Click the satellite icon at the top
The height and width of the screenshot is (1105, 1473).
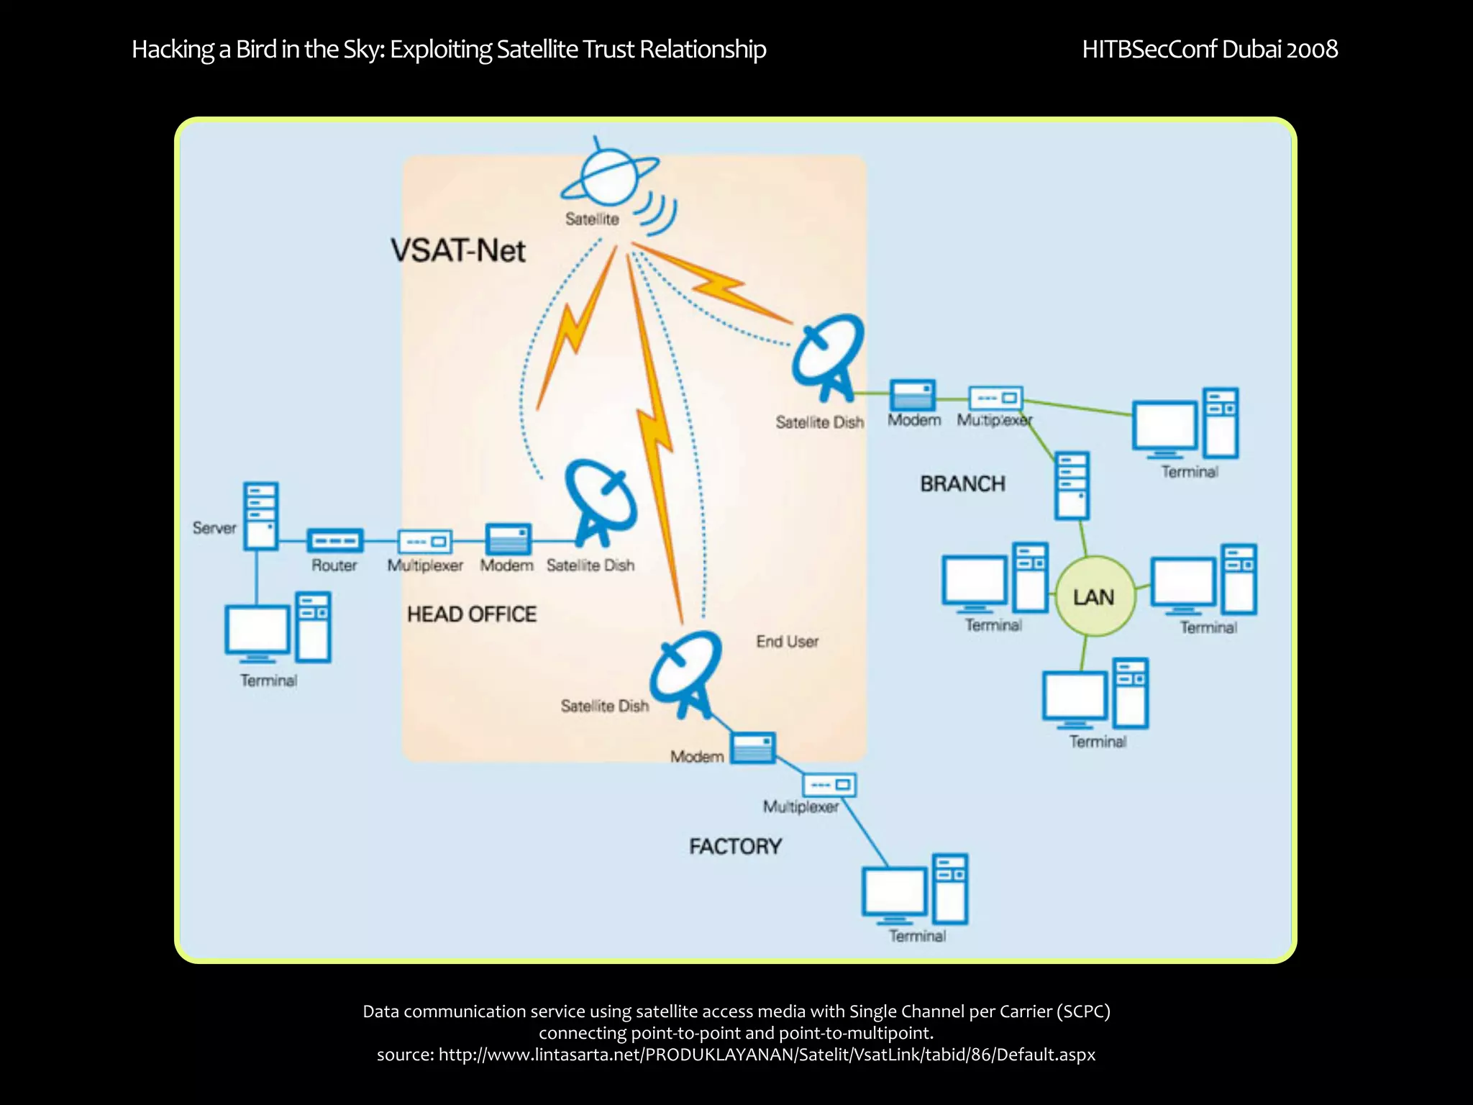(x=608, y=176)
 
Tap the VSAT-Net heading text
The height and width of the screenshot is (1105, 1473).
(x=458, y=250)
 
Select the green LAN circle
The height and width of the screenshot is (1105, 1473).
(x=1094, y=596)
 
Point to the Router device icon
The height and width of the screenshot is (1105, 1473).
(x=335, y=540)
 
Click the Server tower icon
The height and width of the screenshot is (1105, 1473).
(x=260, y=516)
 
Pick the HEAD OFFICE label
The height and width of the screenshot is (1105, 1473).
(x=472, y=614)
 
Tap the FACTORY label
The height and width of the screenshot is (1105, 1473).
(x=735, y=846)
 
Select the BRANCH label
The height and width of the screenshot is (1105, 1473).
(x=962, y=483)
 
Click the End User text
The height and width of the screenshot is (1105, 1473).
(x=787, y=641)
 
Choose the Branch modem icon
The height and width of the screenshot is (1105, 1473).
(x=913, y=395)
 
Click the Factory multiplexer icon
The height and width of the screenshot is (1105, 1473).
(x=829, y=784)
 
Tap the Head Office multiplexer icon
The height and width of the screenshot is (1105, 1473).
(x=424, y=540)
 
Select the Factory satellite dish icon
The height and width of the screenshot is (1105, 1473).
(x=685, y=672)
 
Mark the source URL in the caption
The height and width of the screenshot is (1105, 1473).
(x=767, y=1055)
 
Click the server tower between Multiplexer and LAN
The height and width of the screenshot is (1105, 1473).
(x=1072, y=485)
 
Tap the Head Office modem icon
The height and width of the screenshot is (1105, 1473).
(x=509, y=540)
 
